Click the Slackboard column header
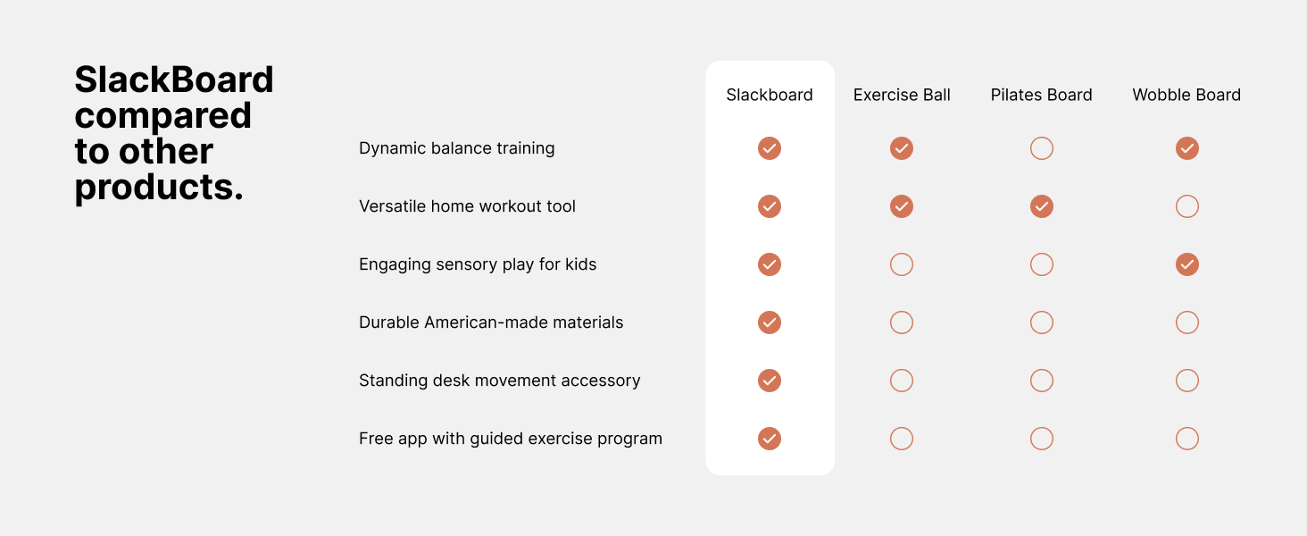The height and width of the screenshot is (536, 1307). coord(769,95)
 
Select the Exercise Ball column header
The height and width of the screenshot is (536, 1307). coord(902,95)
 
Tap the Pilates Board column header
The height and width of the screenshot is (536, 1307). coord(1041,95)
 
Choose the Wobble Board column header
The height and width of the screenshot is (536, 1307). coord(1186,95)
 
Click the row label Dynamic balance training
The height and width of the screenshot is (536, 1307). coord(456,148)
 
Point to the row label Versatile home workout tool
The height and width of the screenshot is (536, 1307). coord(467,206)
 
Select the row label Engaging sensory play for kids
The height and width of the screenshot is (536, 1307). coord(478,264)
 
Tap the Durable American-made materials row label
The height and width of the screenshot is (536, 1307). coord(491,322)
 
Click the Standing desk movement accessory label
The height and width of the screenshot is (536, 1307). coord(499,380)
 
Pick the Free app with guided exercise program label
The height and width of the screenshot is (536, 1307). coord(511,439)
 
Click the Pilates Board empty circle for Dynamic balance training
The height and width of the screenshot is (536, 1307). coord(1042,138)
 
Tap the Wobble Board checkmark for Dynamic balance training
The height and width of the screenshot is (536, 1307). coord(1187,148)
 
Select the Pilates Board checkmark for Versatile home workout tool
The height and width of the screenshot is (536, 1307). coord(1042,206)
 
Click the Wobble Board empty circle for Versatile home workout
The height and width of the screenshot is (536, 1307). coord(1187,195)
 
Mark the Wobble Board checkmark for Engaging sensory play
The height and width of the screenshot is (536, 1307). coord(1187,264)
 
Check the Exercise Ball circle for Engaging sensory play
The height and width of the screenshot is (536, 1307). coord(902,253)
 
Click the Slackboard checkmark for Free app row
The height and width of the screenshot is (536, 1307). coord(770,439)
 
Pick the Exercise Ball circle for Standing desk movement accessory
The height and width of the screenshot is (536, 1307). coord(902,369)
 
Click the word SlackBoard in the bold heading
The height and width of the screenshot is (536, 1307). coord(174,80)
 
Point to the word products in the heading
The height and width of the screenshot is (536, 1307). coord(158,188)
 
